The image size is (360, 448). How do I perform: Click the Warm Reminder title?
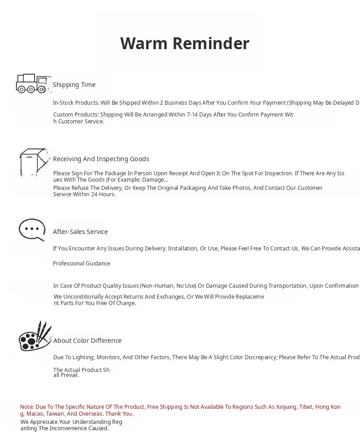point(185,44)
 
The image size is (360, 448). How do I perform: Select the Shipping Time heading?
point(74,85)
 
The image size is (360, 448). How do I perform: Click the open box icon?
point(34,162)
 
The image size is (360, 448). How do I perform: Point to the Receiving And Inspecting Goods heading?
point(101,159)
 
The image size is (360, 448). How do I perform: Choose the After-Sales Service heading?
point(80,232)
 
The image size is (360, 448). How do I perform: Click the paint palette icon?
point(35,337)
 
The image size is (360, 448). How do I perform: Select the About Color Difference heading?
point(87,341)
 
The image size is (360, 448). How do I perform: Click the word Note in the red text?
point(26,407)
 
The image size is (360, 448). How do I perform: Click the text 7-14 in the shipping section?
point(192,115)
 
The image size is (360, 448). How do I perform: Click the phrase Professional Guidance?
point(82,264)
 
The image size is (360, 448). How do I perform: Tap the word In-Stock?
point(63,103)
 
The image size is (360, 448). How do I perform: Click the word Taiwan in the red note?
point(55,414)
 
